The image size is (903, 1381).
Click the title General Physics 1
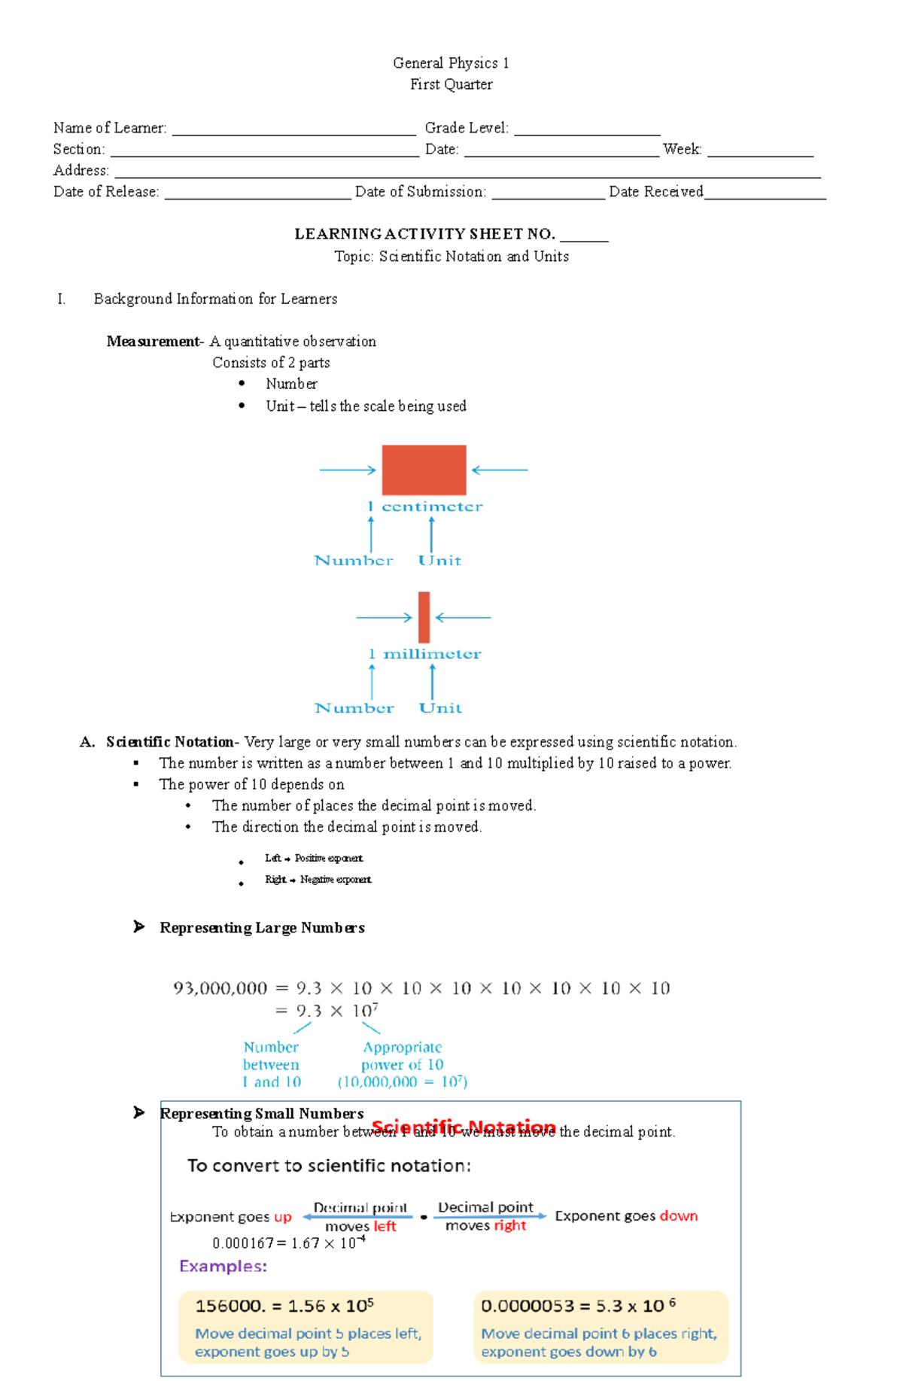(x=451, y=63)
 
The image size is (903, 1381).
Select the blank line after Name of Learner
(x=293, y=131)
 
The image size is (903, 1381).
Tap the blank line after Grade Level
(x=587, y=131)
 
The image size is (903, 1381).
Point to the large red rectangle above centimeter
(x=424, y=470)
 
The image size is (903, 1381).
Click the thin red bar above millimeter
(x=424, y=617)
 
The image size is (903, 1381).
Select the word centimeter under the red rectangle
(x=432, y=506)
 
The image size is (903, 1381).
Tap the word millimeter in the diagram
(x=432, y=654)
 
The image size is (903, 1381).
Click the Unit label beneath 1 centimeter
(x=439, y=560)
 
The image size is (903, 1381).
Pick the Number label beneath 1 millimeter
(x=354, y=707)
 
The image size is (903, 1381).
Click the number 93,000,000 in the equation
(x=220, y=988)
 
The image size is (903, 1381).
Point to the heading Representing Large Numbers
(x=262, y=928)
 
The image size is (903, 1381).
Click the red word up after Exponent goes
(x=283, y=1217)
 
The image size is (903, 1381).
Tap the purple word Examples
(x=223, y=1267)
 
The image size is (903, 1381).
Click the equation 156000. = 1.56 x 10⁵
(x=284, y=1306)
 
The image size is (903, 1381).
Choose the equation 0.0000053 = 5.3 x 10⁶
(x=578, y=1306)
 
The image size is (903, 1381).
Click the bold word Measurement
(x=153, y=342)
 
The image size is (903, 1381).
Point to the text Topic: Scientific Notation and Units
(x=451, y=257)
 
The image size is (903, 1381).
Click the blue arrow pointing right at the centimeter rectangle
(x=348, y=470)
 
